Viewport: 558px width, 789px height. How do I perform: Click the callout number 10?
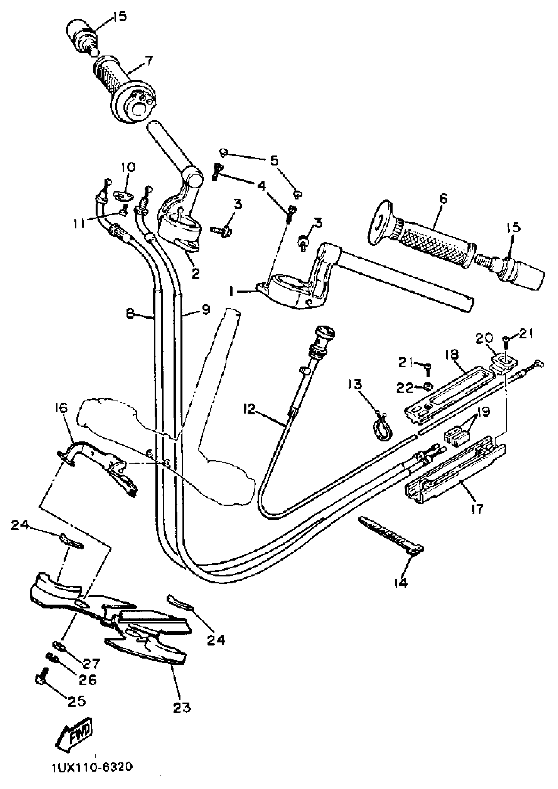128,168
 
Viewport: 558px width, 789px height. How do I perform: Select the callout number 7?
148,61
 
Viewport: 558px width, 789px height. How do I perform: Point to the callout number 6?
443,199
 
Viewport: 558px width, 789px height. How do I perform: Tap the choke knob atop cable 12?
324,334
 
